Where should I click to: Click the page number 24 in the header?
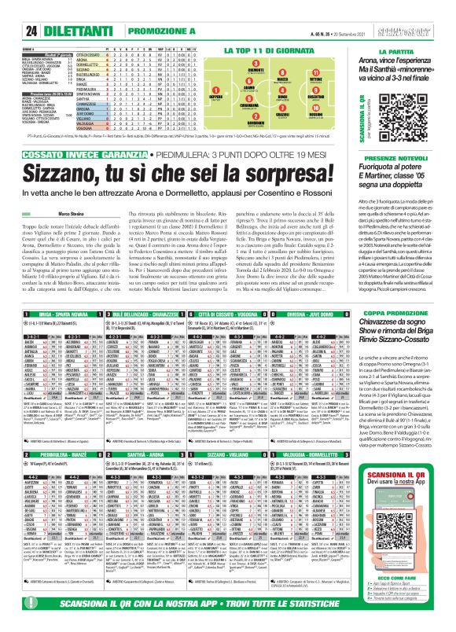(x=13, y=9)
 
